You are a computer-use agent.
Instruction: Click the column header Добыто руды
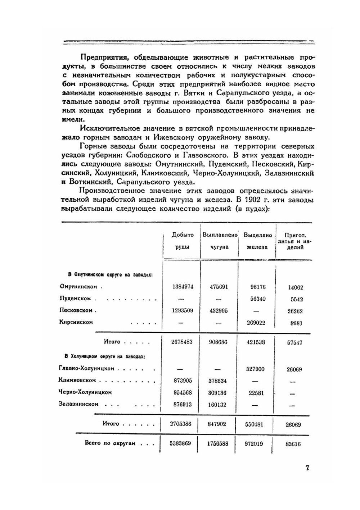(183, 241)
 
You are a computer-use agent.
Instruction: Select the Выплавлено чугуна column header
(220, 241)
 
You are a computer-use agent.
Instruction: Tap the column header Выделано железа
(257, 241)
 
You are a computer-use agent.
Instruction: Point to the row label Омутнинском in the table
(78, 287)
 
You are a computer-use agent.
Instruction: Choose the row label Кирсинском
(76, 322)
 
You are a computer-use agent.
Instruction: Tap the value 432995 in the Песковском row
(219, 311)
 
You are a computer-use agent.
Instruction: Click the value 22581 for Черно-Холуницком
(256, 393)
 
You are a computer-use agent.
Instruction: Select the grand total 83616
(293, 444)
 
